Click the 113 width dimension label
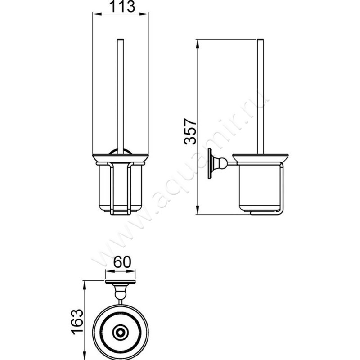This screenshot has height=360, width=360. click(122, 7)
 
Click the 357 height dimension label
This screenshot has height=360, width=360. click(190, 131)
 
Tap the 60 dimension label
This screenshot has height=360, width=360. click(122, 262)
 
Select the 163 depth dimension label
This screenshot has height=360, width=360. click(77, 322)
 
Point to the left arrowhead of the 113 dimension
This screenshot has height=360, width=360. click(97, 14)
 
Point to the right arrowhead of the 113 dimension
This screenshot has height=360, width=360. click(144, 14)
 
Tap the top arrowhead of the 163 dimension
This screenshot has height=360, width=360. click(85, 285)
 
